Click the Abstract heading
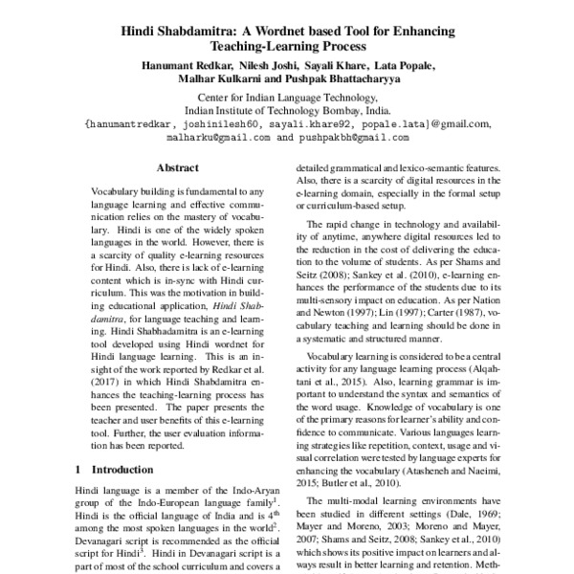tap(177, 166)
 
